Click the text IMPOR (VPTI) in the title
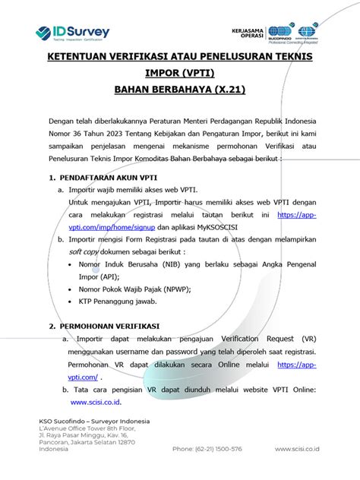tap(180, 74)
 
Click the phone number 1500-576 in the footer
tap(226, 449)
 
